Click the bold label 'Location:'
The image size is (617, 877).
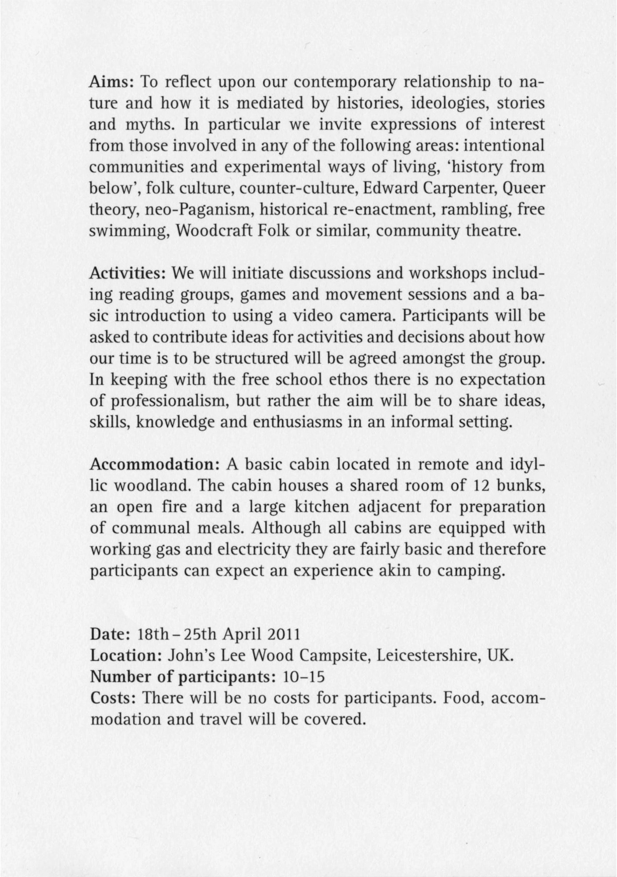point(127,656)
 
